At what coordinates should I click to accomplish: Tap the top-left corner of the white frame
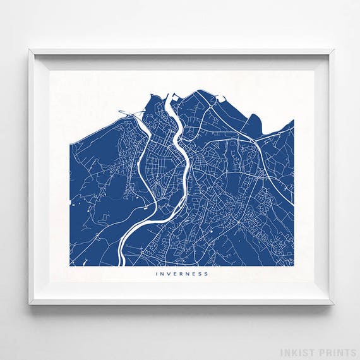(30, 50)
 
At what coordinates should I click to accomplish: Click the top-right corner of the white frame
(333, 50)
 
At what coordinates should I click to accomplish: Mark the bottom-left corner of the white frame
(30, 304)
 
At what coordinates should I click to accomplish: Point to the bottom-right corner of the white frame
(333, 304)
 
